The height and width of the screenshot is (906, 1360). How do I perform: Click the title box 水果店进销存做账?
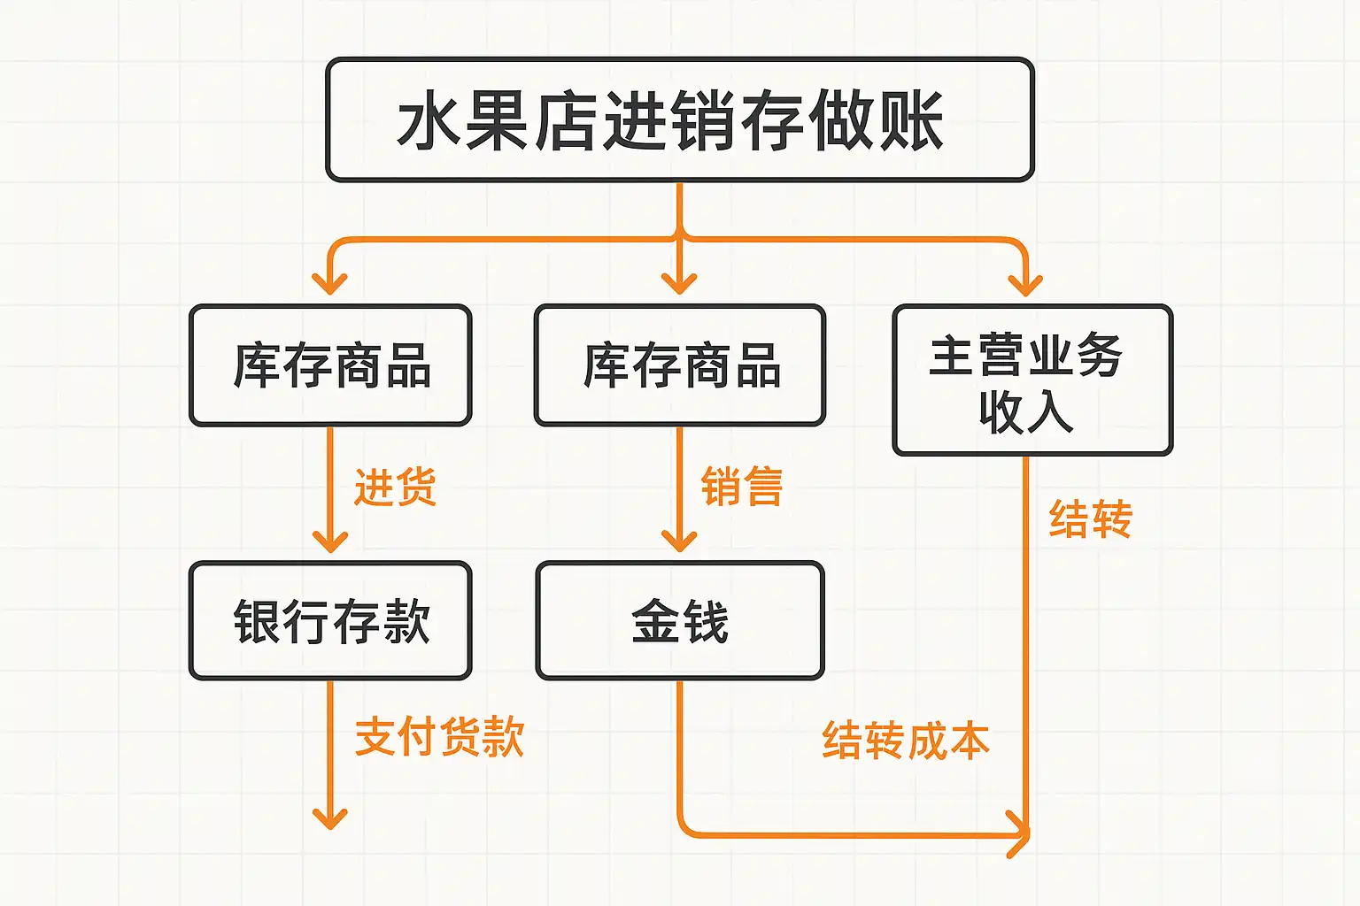point(679,120)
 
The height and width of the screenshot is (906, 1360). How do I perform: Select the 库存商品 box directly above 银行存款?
point(330,365)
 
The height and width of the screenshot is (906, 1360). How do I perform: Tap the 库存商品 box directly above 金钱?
point(679,365)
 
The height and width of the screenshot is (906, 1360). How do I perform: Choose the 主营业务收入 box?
point(1032,380)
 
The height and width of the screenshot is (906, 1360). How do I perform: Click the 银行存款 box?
point(330,621)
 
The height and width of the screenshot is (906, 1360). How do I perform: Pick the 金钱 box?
point(679,621)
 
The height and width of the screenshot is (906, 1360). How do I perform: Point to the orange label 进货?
point(396,488)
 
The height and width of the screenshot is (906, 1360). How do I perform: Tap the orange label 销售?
point(742,488)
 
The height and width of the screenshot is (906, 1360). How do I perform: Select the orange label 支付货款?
point(439,737)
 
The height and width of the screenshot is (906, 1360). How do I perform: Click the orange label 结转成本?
point(906,740)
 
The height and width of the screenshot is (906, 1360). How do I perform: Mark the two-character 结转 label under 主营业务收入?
point(1090,519)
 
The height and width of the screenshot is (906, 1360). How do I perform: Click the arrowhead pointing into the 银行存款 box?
point(330,541)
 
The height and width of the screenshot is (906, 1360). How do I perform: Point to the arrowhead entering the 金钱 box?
point(679,541)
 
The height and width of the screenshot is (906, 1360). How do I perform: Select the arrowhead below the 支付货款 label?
point(330,818)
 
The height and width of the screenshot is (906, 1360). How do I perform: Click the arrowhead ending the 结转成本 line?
point(1020,834)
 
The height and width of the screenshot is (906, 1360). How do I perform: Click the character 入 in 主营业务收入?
point(1050,411)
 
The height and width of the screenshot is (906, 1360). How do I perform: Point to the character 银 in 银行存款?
point(258,621)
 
